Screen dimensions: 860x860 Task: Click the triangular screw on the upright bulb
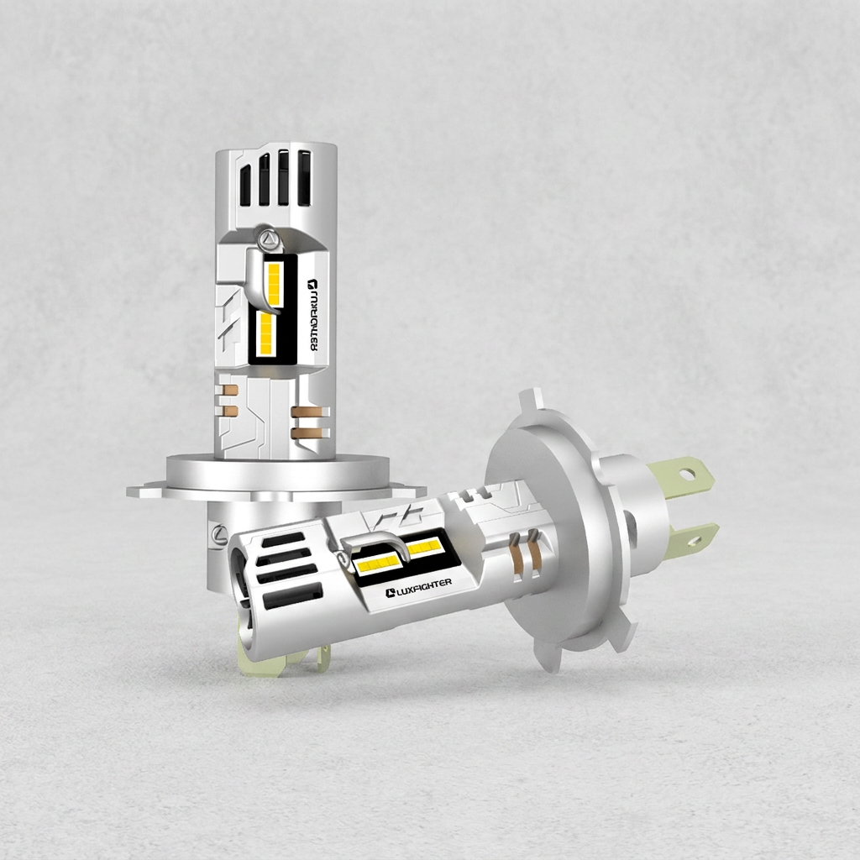click(269, 238)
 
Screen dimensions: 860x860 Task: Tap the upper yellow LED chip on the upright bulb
click(274, 284)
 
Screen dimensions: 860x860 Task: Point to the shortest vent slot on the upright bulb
click(245, 186)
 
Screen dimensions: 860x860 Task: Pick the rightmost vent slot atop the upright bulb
click(304, 176)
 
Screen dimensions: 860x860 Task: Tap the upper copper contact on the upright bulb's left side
click(230, 391)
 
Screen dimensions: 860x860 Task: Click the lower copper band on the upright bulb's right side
click(309, 433)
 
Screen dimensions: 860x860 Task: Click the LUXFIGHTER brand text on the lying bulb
click(419, 587)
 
